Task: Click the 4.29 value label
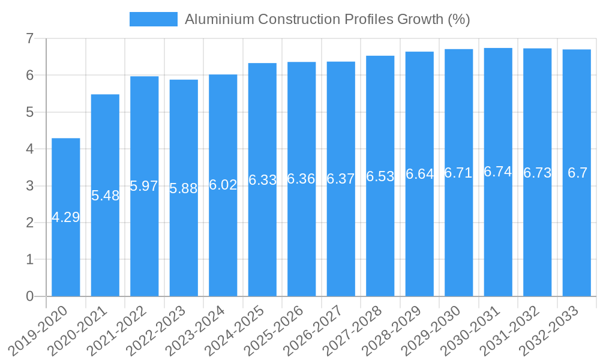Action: pos(66,217)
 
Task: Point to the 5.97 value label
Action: pos(144,186)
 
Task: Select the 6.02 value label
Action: pos(223,185)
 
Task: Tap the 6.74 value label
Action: pos(498,172)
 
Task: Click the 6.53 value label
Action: pos(380,176)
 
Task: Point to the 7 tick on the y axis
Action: pos(29,38)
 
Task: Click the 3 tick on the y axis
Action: pos(29,186)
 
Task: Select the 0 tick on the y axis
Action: pos(29,296)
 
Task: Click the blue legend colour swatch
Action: pos(154,19)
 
